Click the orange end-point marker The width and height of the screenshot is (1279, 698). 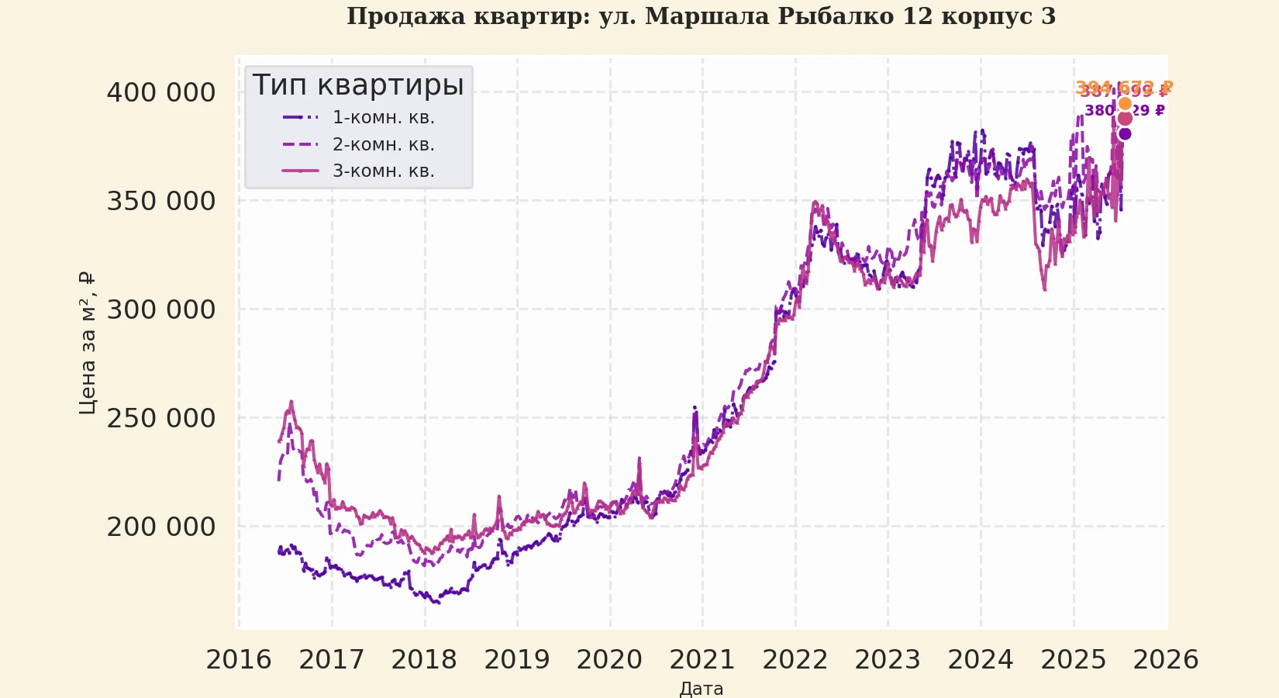pos(1125,104)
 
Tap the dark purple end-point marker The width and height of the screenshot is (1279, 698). pos(1125,133)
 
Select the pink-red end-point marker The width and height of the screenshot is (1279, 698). pos(1125,118)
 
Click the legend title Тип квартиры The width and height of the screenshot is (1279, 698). pos(358,85)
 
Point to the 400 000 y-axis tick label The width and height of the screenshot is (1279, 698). pos(161,93)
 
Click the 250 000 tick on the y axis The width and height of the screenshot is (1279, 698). pos(161,419)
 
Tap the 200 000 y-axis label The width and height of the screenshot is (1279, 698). pos(161,527)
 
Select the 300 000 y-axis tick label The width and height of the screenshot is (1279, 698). pos(161,310)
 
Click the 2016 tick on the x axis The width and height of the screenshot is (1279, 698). pos(239,660)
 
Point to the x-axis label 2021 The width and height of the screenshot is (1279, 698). pos(702,660)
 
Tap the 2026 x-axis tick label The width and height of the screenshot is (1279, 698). pos(1166,660)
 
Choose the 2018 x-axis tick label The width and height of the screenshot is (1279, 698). pos(424,660)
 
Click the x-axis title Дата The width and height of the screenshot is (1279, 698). pos(702,689)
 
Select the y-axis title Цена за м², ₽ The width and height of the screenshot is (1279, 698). pos(87,343)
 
